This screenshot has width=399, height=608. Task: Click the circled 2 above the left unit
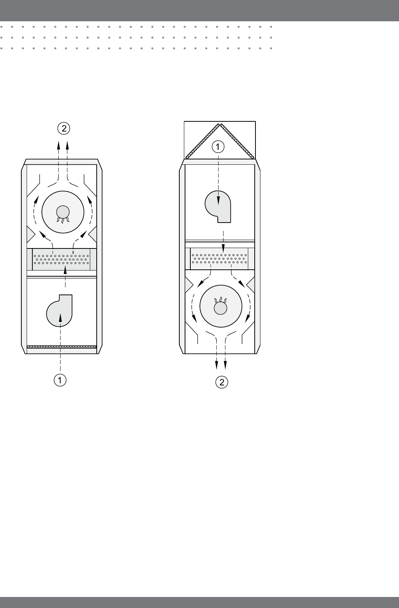pyautogui.click(x=64, y=128)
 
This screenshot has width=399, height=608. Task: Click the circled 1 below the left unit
pyautogui.click(x=60, y=380)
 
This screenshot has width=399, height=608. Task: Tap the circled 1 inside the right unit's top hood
pyautogui.click(x=218, y=147)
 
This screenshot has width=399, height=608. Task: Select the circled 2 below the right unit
pyautogui.click(x=222, y=382)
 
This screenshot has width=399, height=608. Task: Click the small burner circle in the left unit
pyautogui.click(x=63, y=212)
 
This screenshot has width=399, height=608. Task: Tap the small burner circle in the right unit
pyautogui.click(x=220, y=308)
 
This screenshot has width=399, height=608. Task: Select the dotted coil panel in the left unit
pyautogui.click(x=61, y=259)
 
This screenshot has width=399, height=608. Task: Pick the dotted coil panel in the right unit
pyautogui.click(x=219, y=259)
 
